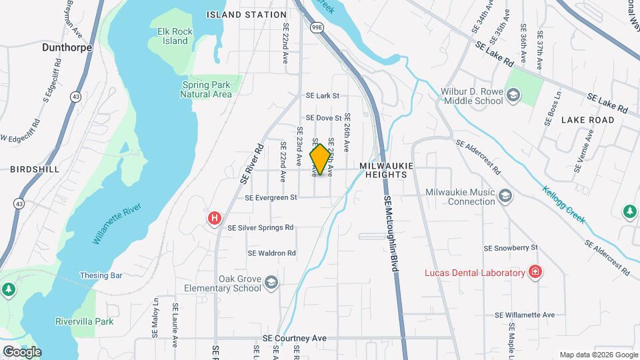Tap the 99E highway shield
tap(317, 27)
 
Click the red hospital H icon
tap(215, 218)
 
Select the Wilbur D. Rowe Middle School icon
tap(513, 96)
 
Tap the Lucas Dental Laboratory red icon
tap(535, 272)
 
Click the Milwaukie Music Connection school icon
tap(505, 195)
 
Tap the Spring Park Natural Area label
tap(206, 89)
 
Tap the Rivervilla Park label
tap(84, 321)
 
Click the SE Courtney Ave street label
tap(295, 339)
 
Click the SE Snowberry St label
tap(510, 248)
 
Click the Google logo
tap(21, 351)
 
